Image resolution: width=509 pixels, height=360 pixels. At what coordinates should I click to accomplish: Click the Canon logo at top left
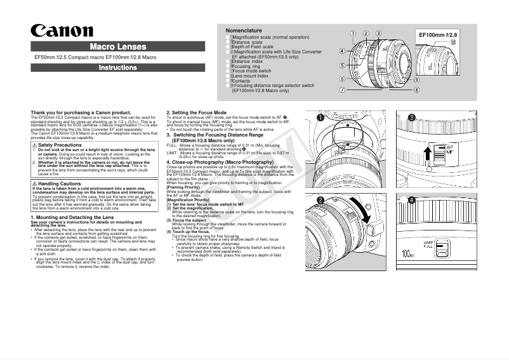pyautogui.click(x=62, y=31)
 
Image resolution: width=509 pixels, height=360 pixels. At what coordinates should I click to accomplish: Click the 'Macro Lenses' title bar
pyautogui.click(x=117, y=46)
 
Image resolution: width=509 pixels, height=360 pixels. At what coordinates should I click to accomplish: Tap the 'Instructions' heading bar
pyautogui.click(x=117, y=68)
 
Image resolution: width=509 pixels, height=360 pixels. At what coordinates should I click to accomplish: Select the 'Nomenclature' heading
pyautogui.click(x=244, y=30)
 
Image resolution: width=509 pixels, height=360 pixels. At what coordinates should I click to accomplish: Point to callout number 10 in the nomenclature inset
pyautogui.click(x=453, y=42)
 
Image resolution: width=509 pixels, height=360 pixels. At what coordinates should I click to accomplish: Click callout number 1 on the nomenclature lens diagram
pyautogui.click(x=353, y=32)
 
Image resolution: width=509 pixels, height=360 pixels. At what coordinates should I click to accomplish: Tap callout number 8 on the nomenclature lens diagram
pyautogui.click(x=416, y=90)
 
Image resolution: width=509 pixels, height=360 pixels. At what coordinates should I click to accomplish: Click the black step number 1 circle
pyautogui.click(x=321, y=117)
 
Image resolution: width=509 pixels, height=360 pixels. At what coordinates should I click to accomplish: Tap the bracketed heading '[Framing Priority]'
pyautogui.click(x=183, y=187)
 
